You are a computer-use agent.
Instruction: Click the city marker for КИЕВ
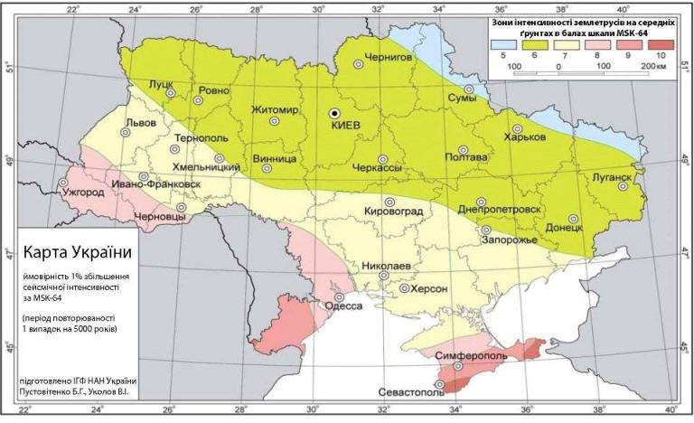[334, 113]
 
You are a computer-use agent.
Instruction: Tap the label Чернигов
[388, 57]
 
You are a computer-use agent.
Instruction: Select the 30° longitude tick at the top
[317, 8]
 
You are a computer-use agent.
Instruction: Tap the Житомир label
[275, 110]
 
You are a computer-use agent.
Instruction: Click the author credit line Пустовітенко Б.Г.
[77, 393]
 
